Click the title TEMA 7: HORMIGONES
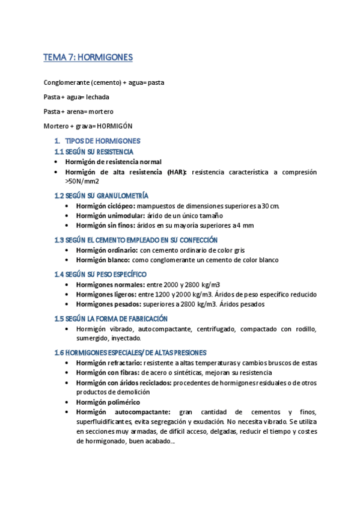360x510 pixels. tap(88, 58)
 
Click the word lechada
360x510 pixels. tap(98, 96)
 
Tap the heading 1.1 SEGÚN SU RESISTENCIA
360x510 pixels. tap(94, 152)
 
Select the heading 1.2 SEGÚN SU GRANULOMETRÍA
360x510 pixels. tap(102, 195)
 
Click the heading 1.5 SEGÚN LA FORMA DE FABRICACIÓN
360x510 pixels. tap(111, 319)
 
